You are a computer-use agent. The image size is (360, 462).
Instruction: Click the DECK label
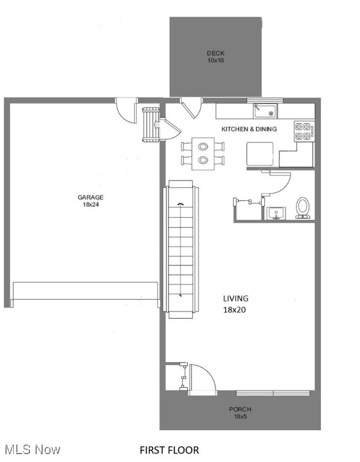click(x=216, y=54)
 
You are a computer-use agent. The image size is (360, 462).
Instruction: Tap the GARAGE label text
click(x=90, y=197)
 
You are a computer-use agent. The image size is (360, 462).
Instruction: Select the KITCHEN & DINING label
click(x=249, y=129)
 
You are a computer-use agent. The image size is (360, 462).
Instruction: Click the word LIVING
click(x=235, y=298)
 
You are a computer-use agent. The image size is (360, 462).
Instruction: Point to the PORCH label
click(x=240, y=410)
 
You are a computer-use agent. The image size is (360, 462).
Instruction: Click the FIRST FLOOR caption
click(x=169, y=450)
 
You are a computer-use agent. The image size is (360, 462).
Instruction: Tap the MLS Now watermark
click(x=32, y=449)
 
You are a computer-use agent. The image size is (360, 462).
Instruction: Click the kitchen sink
click(x=264, y=111)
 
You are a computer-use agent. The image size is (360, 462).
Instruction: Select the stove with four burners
click(x=303, y=131)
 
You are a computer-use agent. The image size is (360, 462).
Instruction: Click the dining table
click(x=203, y=153)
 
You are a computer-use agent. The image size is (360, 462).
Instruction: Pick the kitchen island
click(x=260, y=153)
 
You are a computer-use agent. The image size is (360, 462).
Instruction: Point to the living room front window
click(x=273, y=393)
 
